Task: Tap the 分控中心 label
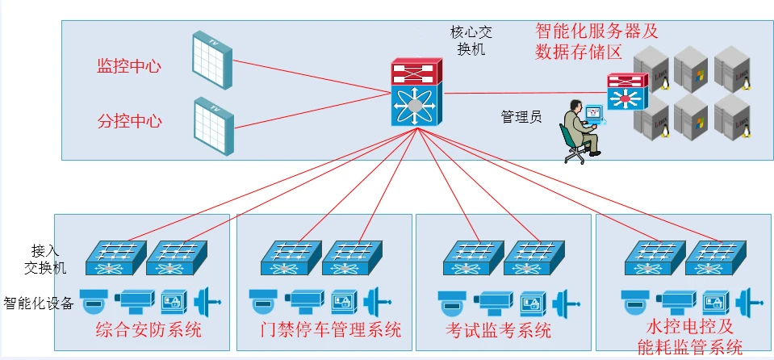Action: click(130, 122)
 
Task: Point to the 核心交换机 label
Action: click(471, 40)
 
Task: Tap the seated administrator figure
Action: click(580, 132)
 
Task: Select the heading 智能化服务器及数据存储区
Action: click(597, 42)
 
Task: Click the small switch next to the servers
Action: click(628, 91)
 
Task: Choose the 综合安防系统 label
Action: click(149, 330)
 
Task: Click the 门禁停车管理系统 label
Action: click(331, 330)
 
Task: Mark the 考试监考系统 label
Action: click(498, 330)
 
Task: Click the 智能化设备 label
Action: click(38, 303)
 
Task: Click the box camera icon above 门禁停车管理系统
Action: click(310, 301)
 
